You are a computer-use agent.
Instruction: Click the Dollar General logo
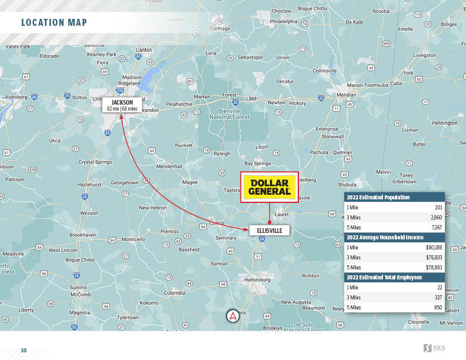click(269, 186)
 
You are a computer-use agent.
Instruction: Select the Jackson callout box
click(122, 105)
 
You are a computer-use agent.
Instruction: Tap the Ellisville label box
click(269, 231)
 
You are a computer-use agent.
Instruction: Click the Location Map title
click(54, 23)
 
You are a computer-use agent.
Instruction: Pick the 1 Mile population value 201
click(438, 208)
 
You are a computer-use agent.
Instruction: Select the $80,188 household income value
click(434, 248)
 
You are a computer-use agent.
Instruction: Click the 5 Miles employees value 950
click(437, 307)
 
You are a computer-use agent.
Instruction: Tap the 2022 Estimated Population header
click(378, 198)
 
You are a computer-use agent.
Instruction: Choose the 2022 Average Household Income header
click(385, 238)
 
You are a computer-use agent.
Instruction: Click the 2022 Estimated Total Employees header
click(384, 277)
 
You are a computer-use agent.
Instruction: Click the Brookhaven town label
click(82, 234)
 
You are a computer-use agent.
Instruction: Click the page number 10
click(24, 351)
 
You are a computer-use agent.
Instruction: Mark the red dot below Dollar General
click(269, 222)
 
